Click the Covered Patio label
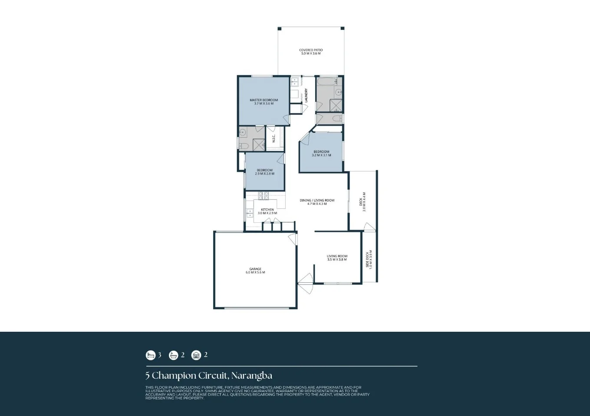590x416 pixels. point(311,52)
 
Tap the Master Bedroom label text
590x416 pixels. point(264,102)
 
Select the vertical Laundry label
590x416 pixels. point(306,96)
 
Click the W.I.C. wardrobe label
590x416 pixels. point(274,139)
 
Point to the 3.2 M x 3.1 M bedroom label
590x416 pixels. point(321,153)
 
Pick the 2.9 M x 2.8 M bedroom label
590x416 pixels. point(264,172)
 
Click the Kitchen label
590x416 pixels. point(267,211)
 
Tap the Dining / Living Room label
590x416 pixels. point(317,202)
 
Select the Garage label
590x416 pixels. point(255,271)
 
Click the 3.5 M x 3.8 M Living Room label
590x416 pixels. point(337,258)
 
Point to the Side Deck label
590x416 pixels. point(369,259)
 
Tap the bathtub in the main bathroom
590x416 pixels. point(326,81)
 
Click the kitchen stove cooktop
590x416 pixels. point(264,195)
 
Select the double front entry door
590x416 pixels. point(306,284)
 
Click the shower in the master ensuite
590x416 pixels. point(259,145)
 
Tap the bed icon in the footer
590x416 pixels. point(151,355)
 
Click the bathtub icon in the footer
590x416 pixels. point(174,355)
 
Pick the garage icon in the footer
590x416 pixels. point(196,355)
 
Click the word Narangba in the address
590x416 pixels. point(251,376)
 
